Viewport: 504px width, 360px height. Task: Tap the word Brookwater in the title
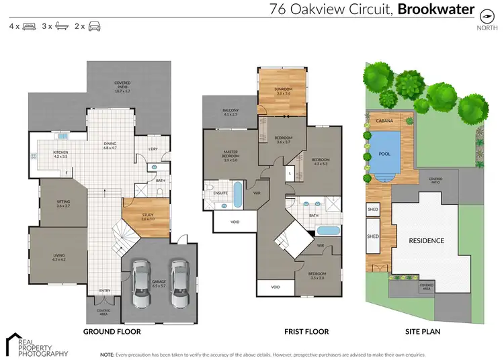tap(436, 9)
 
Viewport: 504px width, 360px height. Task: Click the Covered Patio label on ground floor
tap(122, 85)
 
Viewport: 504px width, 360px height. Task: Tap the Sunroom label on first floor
tap(283, 91)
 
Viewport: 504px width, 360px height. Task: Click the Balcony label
tap(230, 113)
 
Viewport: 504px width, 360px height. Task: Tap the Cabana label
tap(384, 120)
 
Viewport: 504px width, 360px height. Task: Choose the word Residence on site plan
tap(427, 240)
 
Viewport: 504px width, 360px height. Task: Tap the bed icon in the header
tap(29, 26)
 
